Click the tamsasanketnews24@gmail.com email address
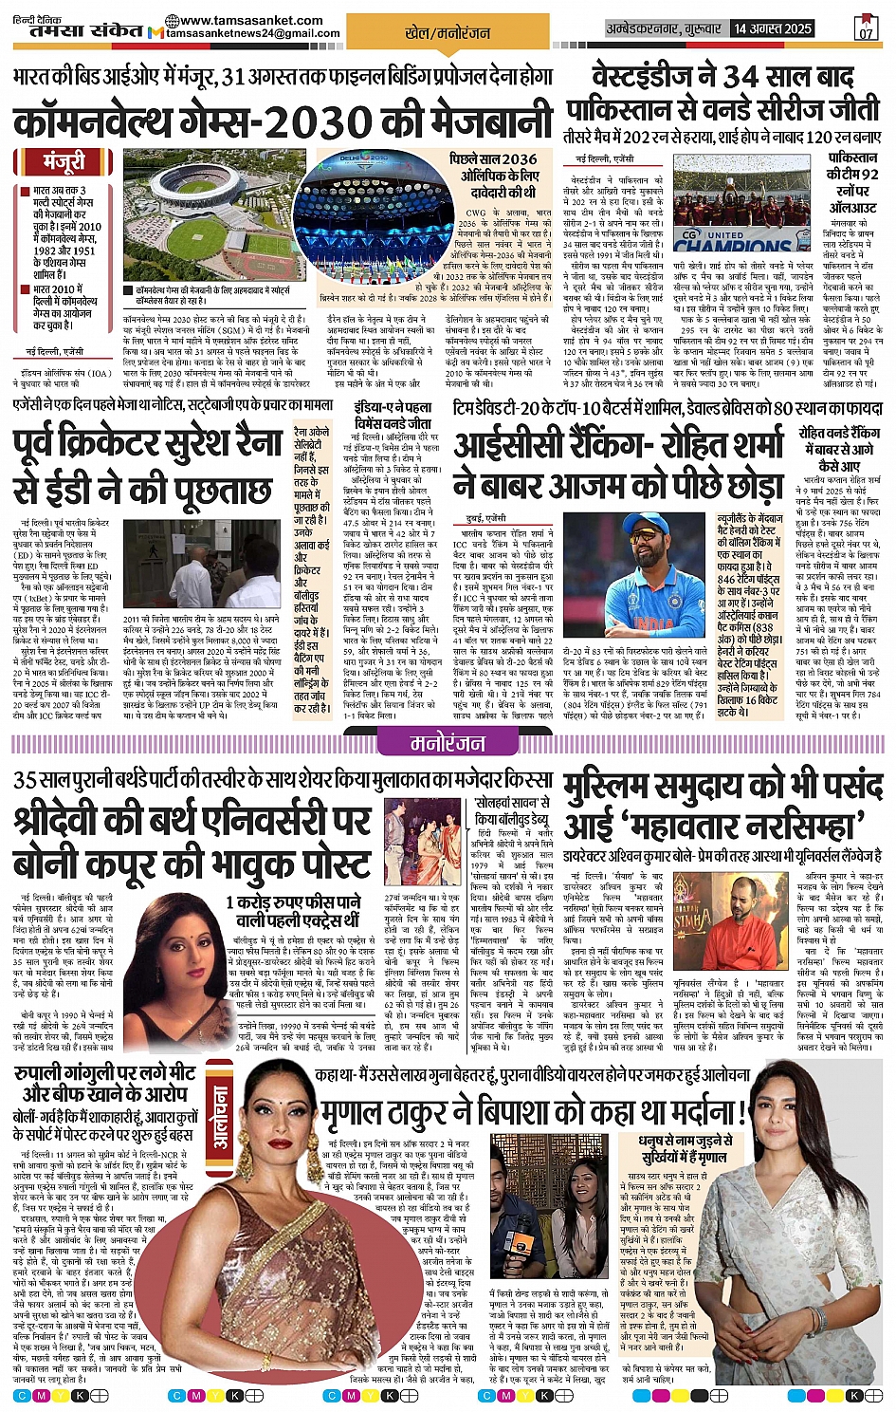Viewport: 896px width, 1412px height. pyautogui.click(x=253, y=33)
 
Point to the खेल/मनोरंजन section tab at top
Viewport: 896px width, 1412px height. pyautogui.click(x=447, y=32)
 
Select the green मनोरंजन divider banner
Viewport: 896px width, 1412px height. pyautogui.click(x=448, y=743)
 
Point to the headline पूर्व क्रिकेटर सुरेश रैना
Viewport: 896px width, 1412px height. pyautogui.click(x=147, y=444)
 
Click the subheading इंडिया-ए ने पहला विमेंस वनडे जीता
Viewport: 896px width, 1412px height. pyautogui.click(x=392, y=415)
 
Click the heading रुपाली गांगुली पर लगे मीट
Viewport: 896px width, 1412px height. pyautogui.click(x=104, y=1082)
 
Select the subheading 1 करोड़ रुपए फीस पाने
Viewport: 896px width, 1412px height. pyautogui.click(x=292, y=910)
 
